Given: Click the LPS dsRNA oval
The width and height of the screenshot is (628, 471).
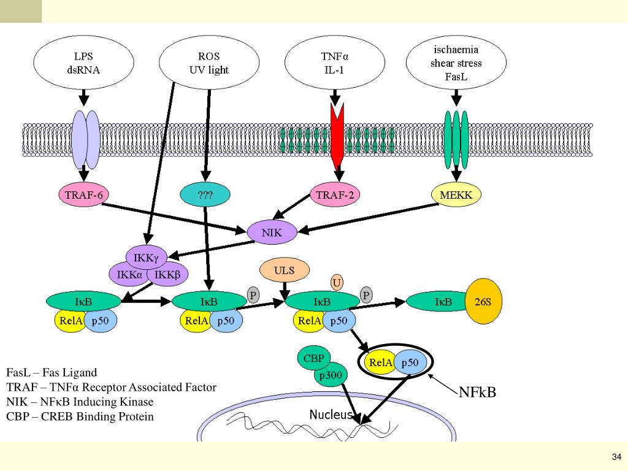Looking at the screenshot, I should tap(83, 63).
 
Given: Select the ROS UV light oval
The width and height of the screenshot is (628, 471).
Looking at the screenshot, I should tap(209, 63).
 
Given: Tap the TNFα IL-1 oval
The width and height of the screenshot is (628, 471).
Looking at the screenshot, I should tap(335, 63).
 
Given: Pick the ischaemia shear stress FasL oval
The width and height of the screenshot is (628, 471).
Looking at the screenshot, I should tap(456, 63).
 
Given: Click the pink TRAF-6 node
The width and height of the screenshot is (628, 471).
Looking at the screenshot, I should tap(83, 195).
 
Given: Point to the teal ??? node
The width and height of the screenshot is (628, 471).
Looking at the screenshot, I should tap(205, 196).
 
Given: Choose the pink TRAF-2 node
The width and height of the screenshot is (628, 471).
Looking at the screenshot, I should tap(335, 195).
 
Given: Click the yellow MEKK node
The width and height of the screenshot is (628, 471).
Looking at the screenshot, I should tap(456, 195).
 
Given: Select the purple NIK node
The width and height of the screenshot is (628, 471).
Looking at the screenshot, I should tap(272, 232).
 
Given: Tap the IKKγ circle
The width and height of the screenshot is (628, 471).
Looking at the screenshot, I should tap(146, 258).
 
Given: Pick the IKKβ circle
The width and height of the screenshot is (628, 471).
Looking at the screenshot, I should tap(167, 274).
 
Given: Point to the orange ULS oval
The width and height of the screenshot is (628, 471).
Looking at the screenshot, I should tap(285, 270).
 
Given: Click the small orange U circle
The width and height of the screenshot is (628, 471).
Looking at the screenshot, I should tap(337, 282).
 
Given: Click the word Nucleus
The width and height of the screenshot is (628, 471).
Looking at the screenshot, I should tap(331, 415).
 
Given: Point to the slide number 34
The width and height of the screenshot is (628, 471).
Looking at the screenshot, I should tap(616, 456).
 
